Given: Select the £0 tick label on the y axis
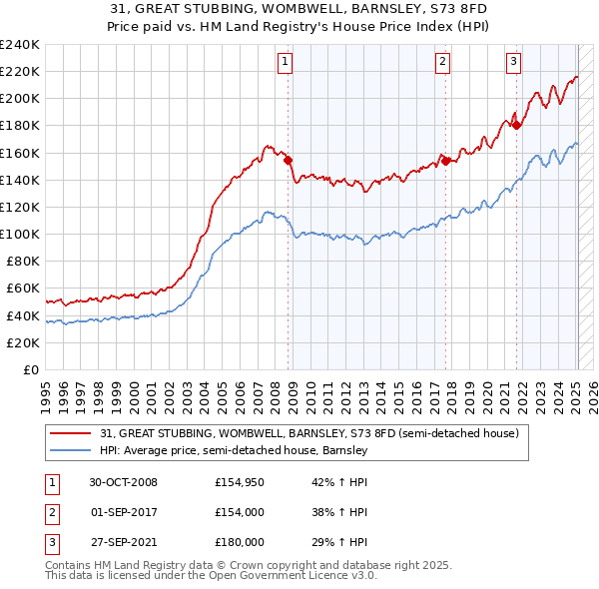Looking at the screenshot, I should click(x=32, y=369).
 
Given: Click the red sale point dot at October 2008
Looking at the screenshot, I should click(x=289, y=160).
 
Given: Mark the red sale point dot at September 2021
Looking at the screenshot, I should click(x=517, y=125).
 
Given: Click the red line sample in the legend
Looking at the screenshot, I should click(x=71, y=434).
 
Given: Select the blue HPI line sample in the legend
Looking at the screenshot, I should click(x=71, y=451).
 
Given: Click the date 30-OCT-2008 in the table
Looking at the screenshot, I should click(x=123, y=482).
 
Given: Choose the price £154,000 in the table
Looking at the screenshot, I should click(x=240, y=512).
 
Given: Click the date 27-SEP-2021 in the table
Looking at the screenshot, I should click(x=123, y=541).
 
